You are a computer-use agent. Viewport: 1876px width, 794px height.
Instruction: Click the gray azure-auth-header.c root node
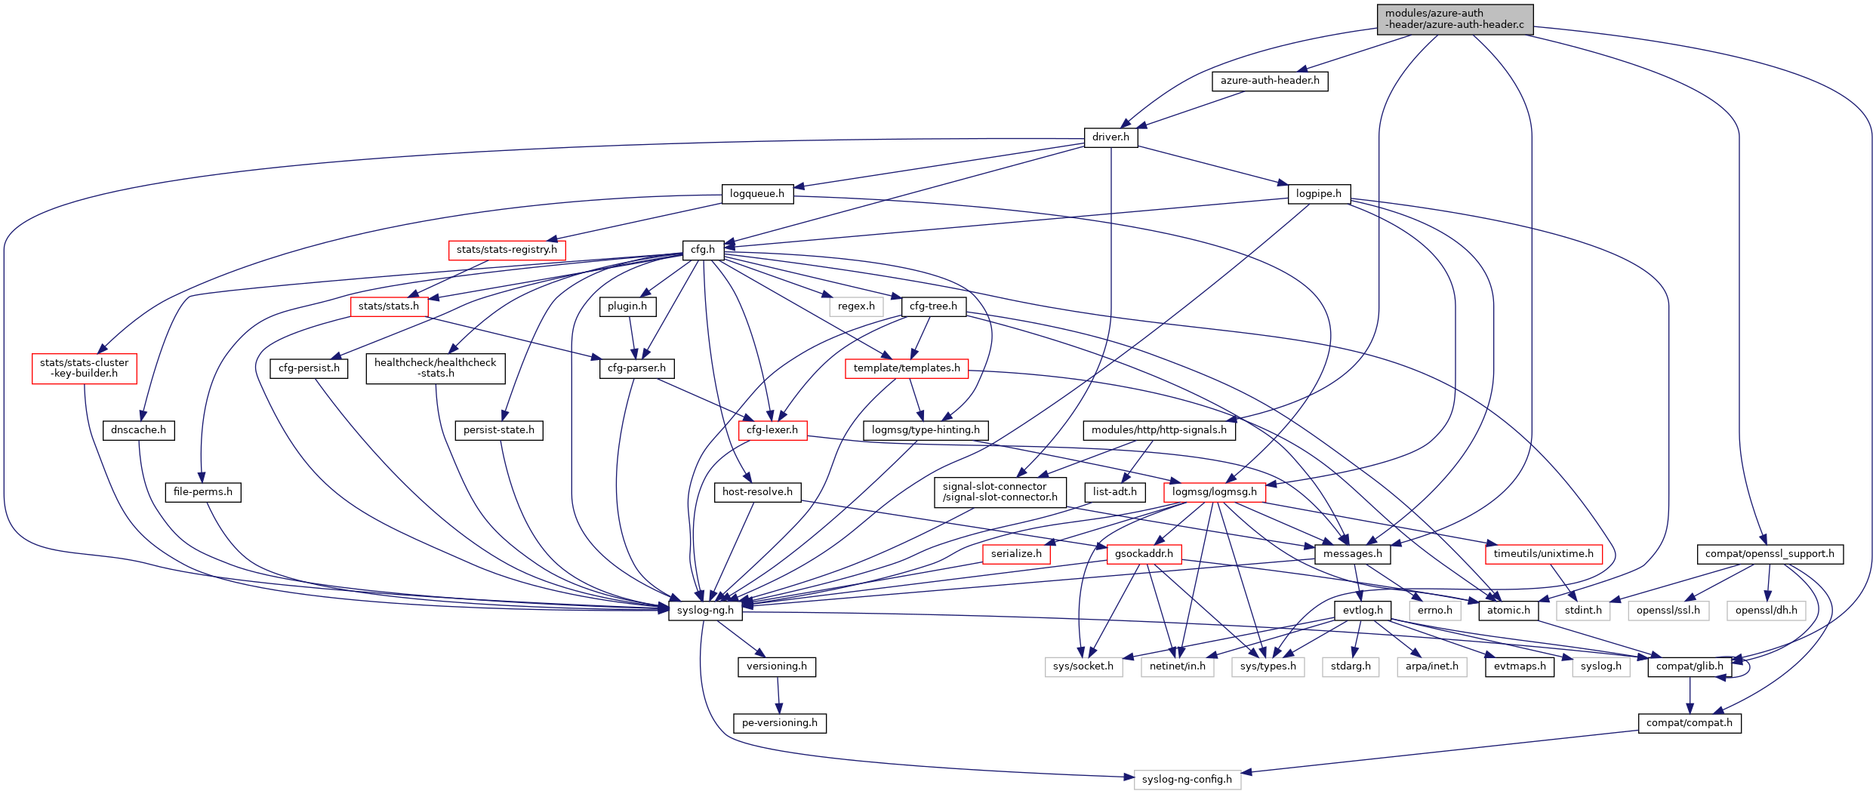[1454, 19]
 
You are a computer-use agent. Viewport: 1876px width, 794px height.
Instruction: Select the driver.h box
[1111, 137]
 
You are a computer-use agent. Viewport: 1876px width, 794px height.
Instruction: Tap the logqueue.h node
[756, 194]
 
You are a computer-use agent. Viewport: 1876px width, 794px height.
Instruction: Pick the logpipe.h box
[1318, 194]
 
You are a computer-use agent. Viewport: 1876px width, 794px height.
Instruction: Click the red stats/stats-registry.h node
[507, 250]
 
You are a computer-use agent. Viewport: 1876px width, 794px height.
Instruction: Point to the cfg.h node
[703, 250]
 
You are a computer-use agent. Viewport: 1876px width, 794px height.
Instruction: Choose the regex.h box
[856, 306]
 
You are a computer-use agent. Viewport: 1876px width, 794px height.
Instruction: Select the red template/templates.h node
[907, 368]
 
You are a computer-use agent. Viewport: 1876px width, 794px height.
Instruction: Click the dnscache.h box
[138, 430]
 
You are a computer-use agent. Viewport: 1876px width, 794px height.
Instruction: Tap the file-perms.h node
[203, 492]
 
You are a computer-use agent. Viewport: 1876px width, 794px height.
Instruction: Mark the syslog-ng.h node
[705, 611]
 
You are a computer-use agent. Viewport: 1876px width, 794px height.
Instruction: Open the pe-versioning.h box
[779, 723]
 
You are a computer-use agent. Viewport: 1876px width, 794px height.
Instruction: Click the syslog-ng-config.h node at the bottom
[1187, 780]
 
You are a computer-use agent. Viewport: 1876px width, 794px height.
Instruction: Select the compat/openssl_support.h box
[1770, 554]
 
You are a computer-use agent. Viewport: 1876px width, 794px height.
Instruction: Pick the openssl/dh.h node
[1766, 611]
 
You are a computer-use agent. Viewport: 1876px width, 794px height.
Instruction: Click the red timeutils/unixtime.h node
[1543, 554]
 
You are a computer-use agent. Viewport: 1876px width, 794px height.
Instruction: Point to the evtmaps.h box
[1519, 666]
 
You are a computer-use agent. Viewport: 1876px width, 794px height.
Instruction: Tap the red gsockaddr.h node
[1144, 554]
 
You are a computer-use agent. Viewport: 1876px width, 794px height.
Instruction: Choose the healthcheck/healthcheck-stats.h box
[436, 368]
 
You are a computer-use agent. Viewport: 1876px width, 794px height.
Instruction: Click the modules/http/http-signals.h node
[1159, 430]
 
